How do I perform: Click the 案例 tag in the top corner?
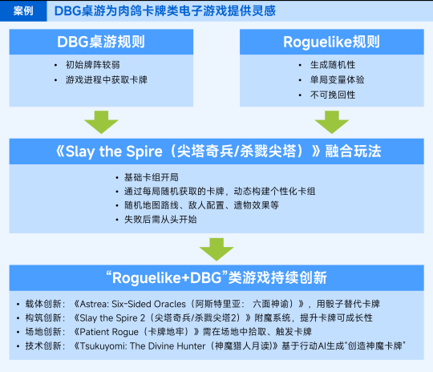(23, 10)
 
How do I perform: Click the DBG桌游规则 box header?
(101, 42)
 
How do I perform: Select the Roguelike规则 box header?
(332, 42)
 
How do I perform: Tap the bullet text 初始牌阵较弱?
(93, 65)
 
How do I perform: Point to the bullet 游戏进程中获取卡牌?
(107, 80)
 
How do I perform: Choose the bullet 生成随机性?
(333, 65)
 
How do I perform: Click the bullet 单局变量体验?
(337, 80)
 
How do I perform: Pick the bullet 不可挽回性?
(333, 95)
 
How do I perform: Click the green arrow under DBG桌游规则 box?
(101, 122)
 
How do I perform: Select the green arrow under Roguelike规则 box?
(332, 122)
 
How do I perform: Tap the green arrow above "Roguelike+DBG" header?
(216, 249)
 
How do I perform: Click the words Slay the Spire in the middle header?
(114, 152)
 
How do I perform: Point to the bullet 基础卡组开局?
(152, 177)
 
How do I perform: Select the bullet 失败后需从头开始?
(160, 220)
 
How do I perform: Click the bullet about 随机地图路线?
(201, 205)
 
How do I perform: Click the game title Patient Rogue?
(109, 332)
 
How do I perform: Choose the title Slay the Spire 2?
(112, 318)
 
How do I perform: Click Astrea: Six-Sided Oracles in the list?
(132, 304)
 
